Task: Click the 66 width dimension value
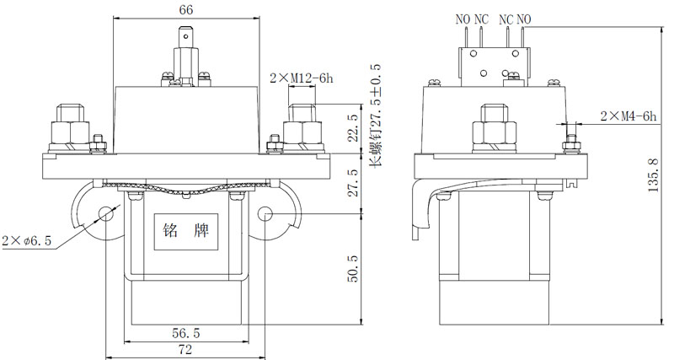[x=186, y=9]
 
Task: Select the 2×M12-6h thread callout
[x=302, y=78]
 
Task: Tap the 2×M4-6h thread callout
[x=629, y=116]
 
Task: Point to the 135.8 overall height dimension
[x=654, y=175]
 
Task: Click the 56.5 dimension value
[x=186, y=333]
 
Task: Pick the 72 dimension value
[x=185, y=349]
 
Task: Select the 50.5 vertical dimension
[x=352, y=269]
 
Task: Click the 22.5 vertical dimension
[x=352, y=128]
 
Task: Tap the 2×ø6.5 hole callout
[x=27, y=241]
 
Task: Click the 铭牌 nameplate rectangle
[x=186, y=231]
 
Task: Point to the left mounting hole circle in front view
[x=106, y=213]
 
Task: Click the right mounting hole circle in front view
[x=265, y=213]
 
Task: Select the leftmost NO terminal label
[x=463, y=19]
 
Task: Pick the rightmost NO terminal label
[x=524, y=19]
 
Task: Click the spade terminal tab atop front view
[x=185, y=37]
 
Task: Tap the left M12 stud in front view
[x=70, y=127]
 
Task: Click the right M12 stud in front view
[x=302, y=127]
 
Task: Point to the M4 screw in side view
[x=571, y=143]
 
